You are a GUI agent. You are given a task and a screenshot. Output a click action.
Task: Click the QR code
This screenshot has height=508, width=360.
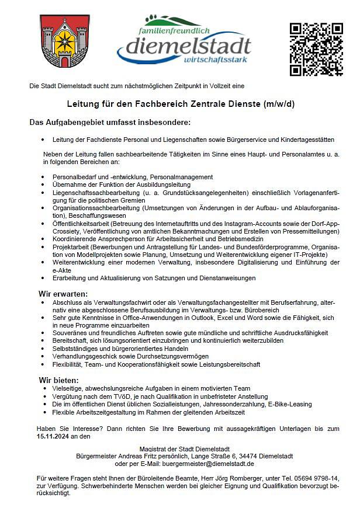point(316,49)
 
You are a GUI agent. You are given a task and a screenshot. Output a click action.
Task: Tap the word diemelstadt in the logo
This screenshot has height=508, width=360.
point(184,45)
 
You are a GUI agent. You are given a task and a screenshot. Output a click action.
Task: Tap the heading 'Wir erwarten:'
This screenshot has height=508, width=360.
point(63,293)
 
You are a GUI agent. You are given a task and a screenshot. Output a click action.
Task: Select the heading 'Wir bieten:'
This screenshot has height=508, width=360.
point(58,380)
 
